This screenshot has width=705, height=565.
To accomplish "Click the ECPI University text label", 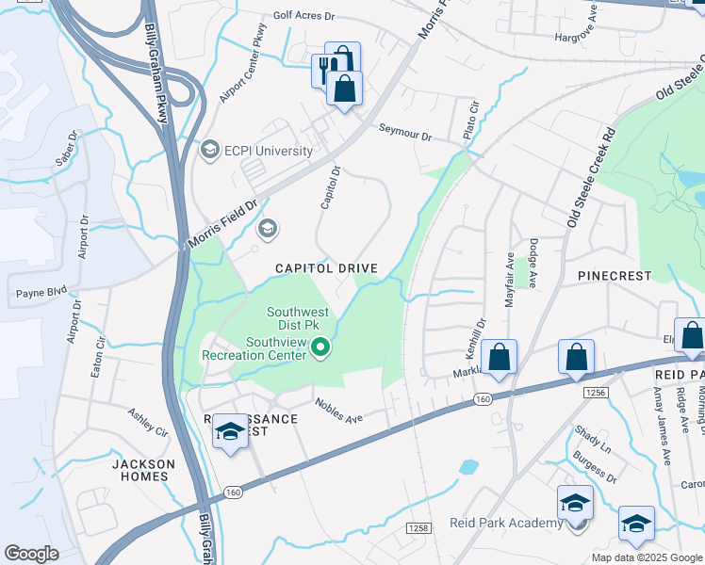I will pos(268,151).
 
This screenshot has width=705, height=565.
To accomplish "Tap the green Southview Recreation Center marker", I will pos(321,348).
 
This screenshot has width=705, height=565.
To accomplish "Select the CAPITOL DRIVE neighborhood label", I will pos(326,268).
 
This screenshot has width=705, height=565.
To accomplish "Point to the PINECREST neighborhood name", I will pos(614,276).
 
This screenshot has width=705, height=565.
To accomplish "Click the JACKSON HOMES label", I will pos(143,470).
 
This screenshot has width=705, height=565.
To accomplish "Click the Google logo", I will pos(31,554).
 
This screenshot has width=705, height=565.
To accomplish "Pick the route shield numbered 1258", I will pos(418,528).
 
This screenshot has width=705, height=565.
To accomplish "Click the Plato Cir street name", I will pos(471,122).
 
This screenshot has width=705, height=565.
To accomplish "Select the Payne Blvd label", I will pos(41,293).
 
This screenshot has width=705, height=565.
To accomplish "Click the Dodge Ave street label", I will pos(533,262).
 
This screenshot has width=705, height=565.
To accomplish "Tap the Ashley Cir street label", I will pos(147,424).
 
